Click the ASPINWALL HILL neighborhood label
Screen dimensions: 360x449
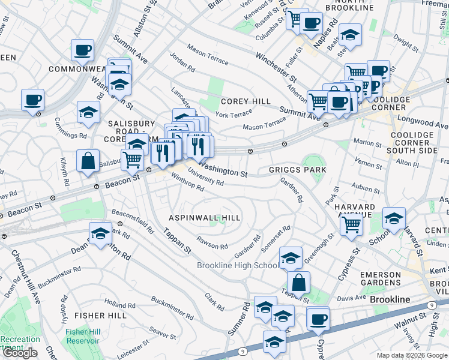click(205, 218)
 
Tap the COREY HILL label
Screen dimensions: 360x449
click(245, 101)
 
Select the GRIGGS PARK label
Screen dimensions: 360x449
click(297, 170)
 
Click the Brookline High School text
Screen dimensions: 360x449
click(238, 266)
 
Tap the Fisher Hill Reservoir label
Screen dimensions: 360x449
click(83, 336)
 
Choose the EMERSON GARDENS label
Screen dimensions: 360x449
click(380, 278)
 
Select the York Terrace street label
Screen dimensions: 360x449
click(234, 114)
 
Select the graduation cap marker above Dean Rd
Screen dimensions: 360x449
click(100, 233)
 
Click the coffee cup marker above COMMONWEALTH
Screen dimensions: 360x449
click(82, 50)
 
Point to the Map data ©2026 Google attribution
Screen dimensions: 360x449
click(411, 355)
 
